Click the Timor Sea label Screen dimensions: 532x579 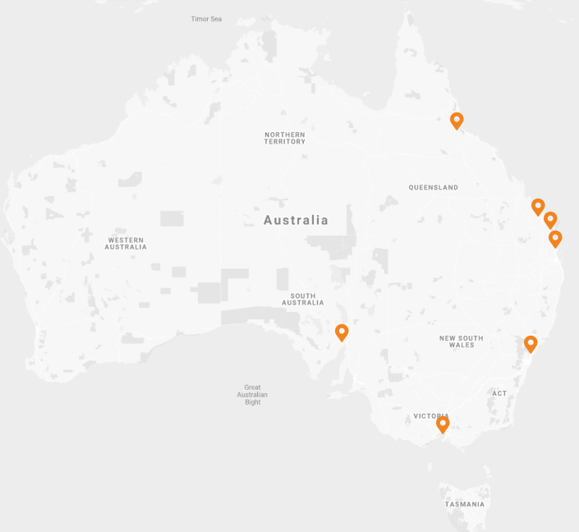[206, 19]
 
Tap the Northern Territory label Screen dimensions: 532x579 [285, 138]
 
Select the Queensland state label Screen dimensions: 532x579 [434, 187]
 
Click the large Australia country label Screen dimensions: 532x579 [296, 220]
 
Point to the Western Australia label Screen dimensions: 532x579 [126, 243]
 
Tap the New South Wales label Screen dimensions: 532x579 [462, 342]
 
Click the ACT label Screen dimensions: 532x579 [500, 393]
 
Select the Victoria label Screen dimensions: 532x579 [430, 416]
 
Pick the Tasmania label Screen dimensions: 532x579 [466, 504]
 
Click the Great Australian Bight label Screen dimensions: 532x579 [252, 395]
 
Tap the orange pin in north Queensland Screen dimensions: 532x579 [457, 121]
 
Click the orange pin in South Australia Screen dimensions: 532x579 [342, 332]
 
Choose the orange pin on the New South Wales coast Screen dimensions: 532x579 [531, 343]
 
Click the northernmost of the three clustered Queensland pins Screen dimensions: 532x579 [538, 207]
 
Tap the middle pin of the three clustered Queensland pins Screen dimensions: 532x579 [550, 220]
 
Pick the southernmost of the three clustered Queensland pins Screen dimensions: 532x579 [555, 239]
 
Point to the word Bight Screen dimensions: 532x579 [252, 402]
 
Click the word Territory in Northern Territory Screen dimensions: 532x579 [285, 142]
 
